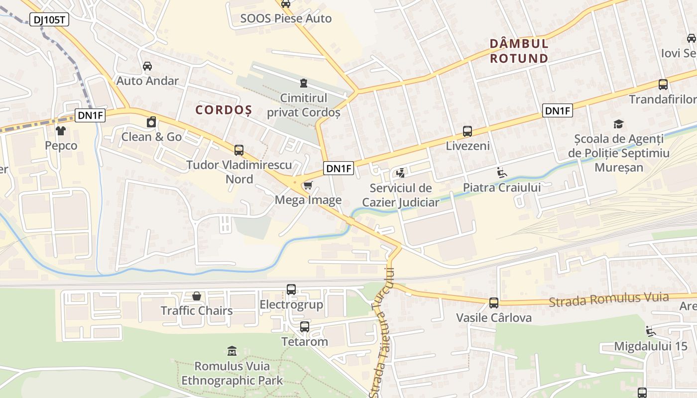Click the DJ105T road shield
[50, 20]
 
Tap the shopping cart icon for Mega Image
[308, 186]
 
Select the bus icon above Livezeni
[467, 131]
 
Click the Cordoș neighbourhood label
[224, 110]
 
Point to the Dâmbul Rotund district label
[519, 51]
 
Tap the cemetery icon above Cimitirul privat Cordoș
[304, 83]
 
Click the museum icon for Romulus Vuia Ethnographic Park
[232, 351]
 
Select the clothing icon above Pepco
[61, 131]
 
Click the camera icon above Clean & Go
[151, 122]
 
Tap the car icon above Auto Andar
[147, 66]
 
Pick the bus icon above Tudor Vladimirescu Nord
[239, 150]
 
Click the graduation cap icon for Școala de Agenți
[618, 124]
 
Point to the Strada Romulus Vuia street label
[608, 299]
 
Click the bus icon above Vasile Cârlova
[494, 302]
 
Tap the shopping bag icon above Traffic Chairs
[197, 296]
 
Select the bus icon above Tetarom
[305, 327]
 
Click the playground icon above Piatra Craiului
[502, 173]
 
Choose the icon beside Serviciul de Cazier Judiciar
[400, 173]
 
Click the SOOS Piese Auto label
[286, 19]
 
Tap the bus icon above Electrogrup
[291, 289]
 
